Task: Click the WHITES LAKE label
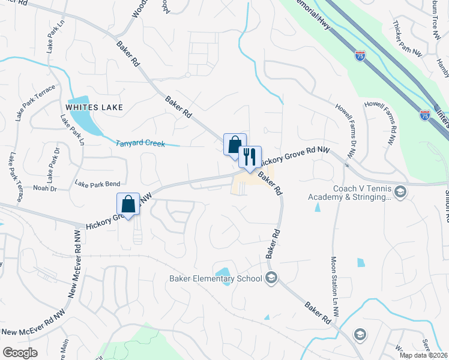(x=95, y=107)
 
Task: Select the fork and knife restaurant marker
(x=250, y=157)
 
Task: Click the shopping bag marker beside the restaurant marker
(x=235, y=145)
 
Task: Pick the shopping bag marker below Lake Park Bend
(x=128, y=204)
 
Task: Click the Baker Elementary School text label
(x=216, y=278)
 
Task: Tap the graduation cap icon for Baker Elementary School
(x=272, y=277)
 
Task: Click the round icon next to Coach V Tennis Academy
(x=400, y=192)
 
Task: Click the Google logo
(x=20, y=353)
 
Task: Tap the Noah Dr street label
(x=45, y=188)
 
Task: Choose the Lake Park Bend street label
(x=97, y=183)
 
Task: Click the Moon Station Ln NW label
(x=335, y=287)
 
